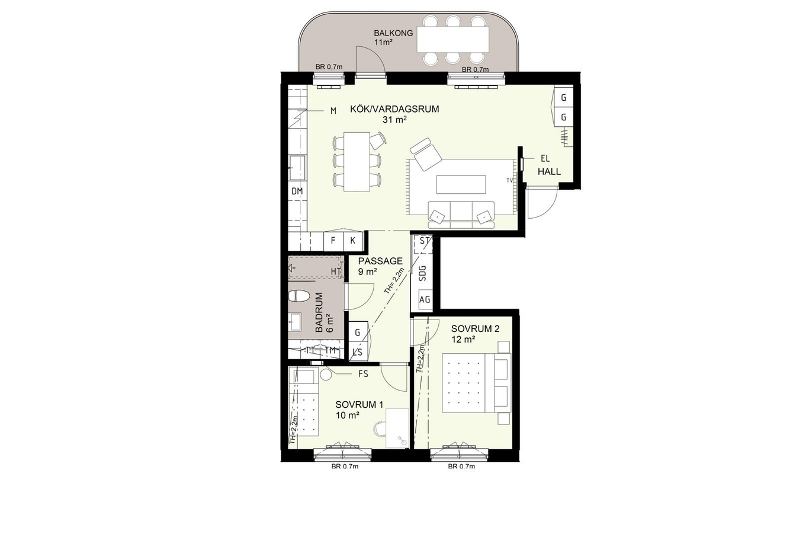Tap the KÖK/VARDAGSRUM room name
[x=394, y=109]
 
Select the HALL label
[x=550, y=171]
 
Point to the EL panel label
[x=545, y=158]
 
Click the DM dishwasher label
[x=297, y=191]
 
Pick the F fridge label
[x=333, y=240]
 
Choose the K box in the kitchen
[x=353, y=240]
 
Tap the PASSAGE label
[x=380, y=261]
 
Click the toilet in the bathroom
[x=299, y=296]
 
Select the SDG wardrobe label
[x=423, y=273]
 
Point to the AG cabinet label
[x=425, y=299]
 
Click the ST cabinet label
[x=425, y=240]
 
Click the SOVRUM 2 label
[x=476, y=328]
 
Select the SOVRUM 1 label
[x=359, y=404]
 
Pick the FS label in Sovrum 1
[x=363, y=374]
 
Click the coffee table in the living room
[x=461, y=185]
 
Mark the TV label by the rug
[x=510, y=180]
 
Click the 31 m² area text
[x=395, y=120]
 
